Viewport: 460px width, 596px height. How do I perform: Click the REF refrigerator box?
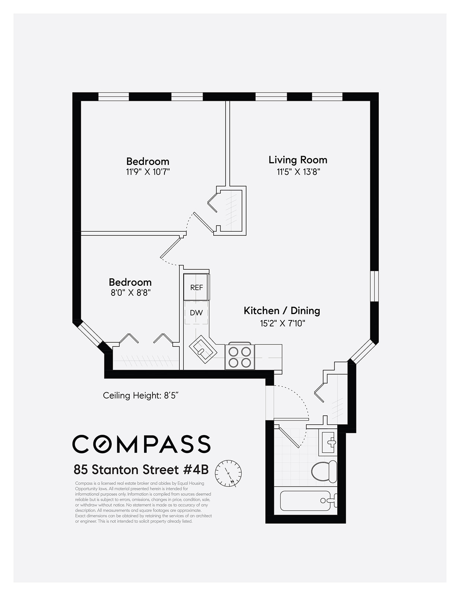tap(196, 287)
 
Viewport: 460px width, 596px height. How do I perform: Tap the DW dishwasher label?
tap(196, 313)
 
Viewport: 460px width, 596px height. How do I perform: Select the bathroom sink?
tap(328, 442)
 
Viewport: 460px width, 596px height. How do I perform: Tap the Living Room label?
tap(298, 160)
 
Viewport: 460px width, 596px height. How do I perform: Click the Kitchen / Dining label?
tap(282, 310)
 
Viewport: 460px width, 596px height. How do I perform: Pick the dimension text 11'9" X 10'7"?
tap(148, 172)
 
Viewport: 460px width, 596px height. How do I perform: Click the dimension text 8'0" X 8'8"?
tap(130, 292)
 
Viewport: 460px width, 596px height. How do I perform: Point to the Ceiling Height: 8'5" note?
tap(141, 395)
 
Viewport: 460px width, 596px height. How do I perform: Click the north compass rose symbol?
tap(228, 473)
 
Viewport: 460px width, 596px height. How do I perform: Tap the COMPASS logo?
tap(141, 444)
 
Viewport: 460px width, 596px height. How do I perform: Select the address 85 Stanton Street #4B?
tap(141, 469)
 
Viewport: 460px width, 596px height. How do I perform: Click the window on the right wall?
tap(374, 286)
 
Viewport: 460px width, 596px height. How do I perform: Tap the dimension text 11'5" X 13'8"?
tap(298, 172)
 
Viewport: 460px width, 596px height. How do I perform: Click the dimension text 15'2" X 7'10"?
tap(282, 323)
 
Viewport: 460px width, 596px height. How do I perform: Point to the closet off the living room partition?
tap(231, 210)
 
